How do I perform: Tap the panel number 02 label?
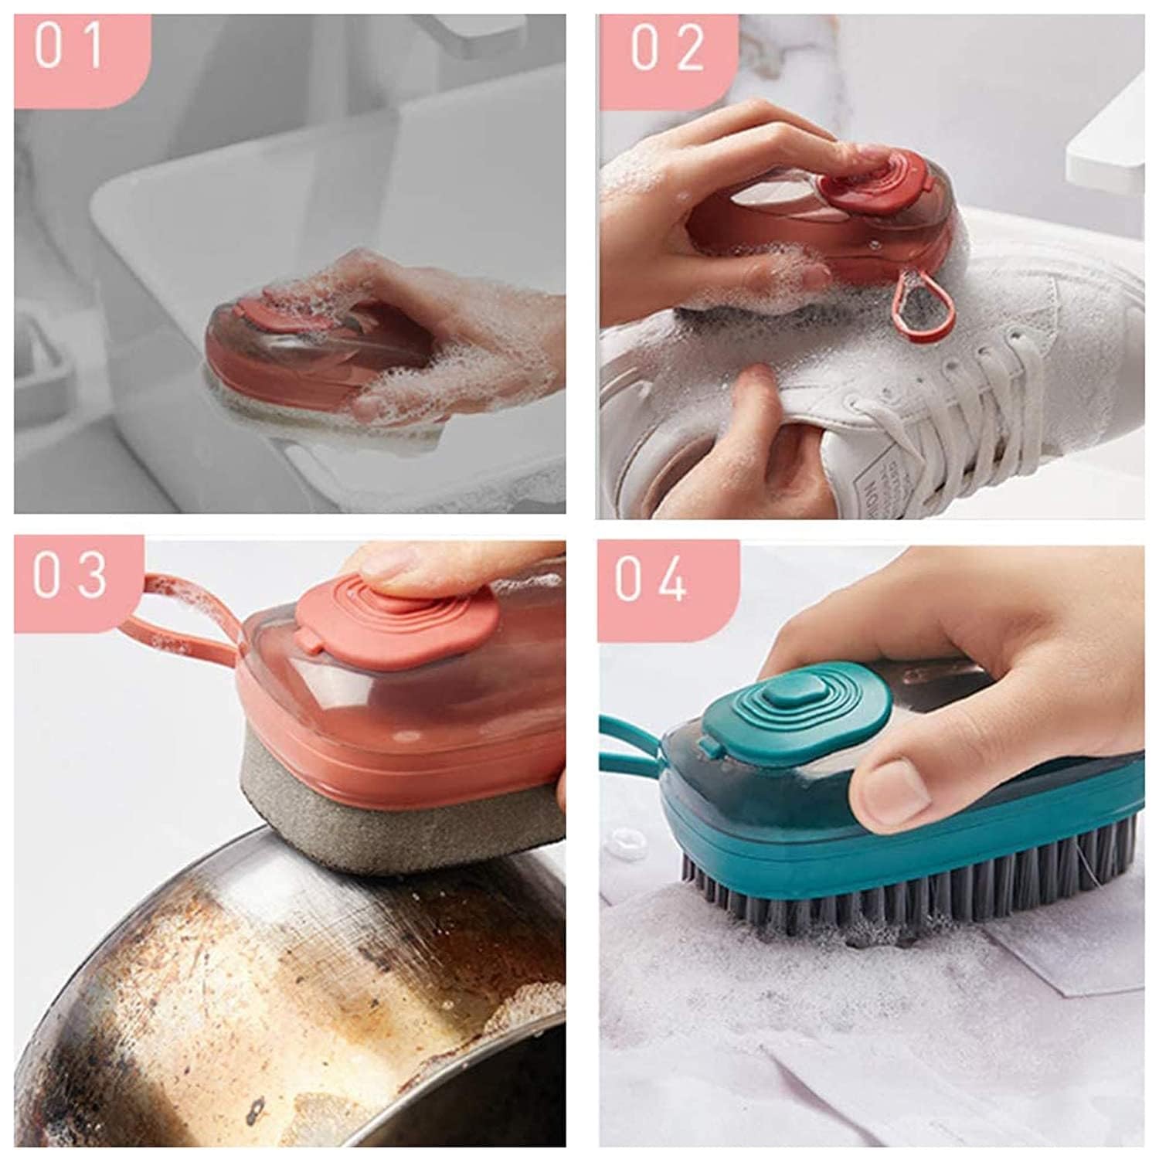coord(668,48)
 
